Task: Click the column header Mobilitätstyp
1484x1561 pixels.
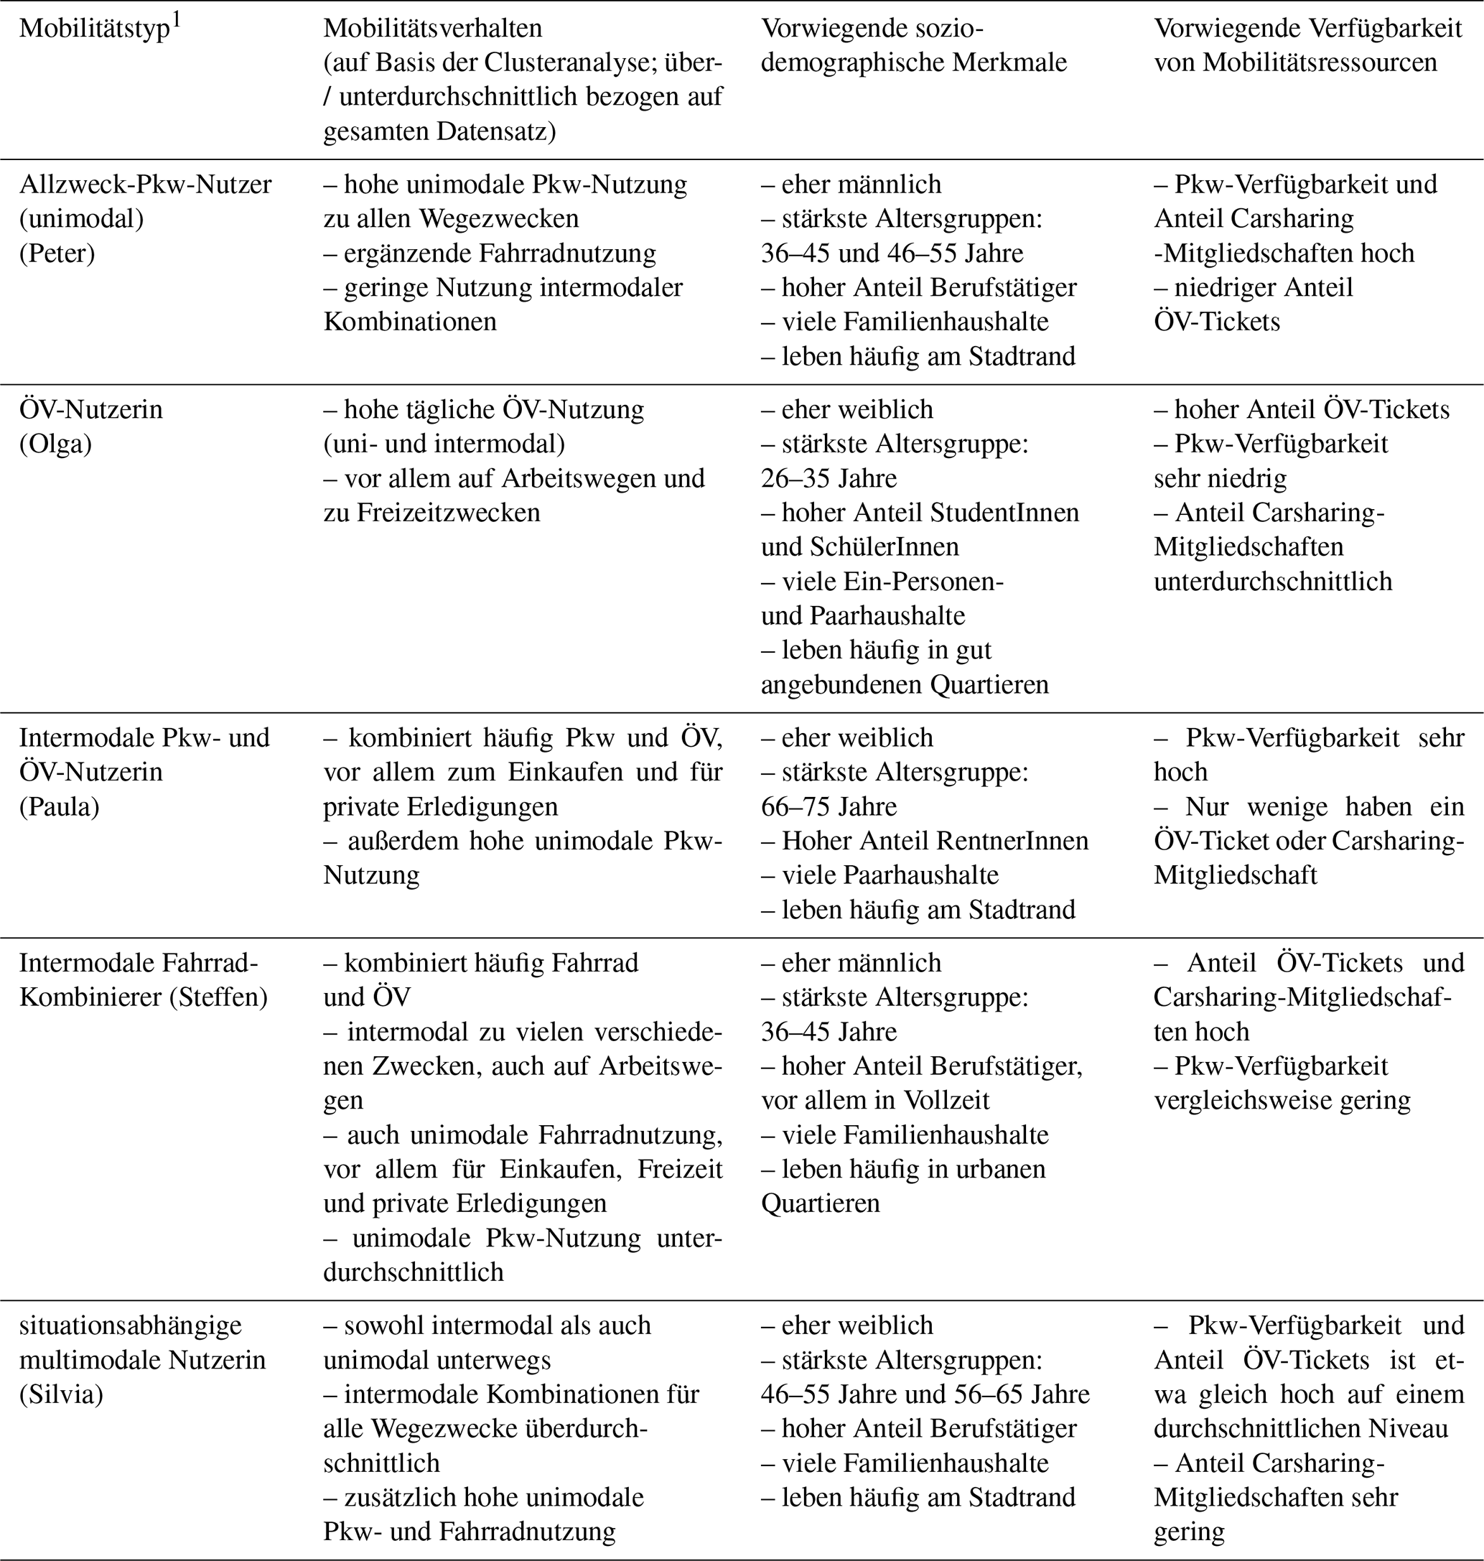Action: (94, 30)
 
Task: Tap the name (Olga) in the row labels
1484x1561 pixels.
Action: (55, 444)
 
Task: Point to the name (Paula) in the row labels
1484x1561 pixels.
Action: (60, 806)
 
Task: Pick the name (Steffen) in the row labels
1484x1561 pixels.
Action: (218, 997)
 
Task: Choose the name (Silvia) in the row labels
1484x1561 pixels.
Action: (61, 1394)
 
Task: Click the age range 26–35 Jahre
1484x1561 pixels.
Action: (829, 479)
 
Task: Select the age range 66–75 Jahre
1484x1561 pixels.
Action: (829, 806)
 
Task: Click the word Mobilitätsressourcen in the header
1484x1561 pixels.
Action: (1320, 62)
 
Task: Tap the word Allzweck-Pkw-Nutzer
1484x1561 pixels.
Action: (146, 185)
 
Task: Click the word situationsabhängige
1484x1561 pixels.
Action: (131, 1325)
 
